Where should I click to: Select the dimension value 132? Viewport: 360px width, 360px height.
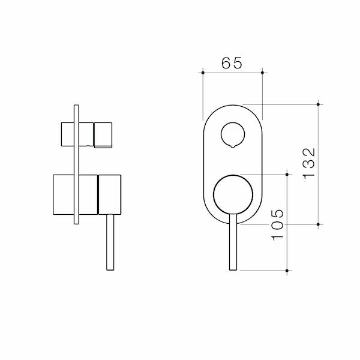[x=309, y=163]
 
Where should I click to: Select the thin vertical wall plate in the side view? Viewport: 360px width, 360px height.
[x=76, y=166]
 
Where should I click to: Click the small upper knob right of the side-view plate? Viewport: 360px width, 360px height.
[x=103, y=133]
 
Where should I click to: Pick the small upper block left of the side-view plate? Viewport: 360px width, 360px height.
[x=66, y=133]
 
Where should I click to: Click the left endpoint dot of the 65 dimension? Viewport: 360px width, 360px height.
[x=203, y=73]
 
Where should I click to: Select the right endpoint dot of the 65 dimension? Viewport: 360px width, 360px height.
[x=262, y=73]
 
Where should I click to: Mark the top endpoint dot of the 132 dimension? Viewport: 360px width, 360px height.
[x=319, y=103]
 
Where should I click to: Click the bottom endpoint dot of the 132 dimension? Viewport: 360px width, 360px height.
[x=319, y=224]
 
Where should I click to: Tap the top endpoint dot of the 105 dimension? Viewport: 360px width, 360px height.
[x=289, y=175]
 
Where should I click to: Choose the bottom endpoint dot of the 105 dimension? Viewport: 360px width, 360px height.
[x=289, y=271]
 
